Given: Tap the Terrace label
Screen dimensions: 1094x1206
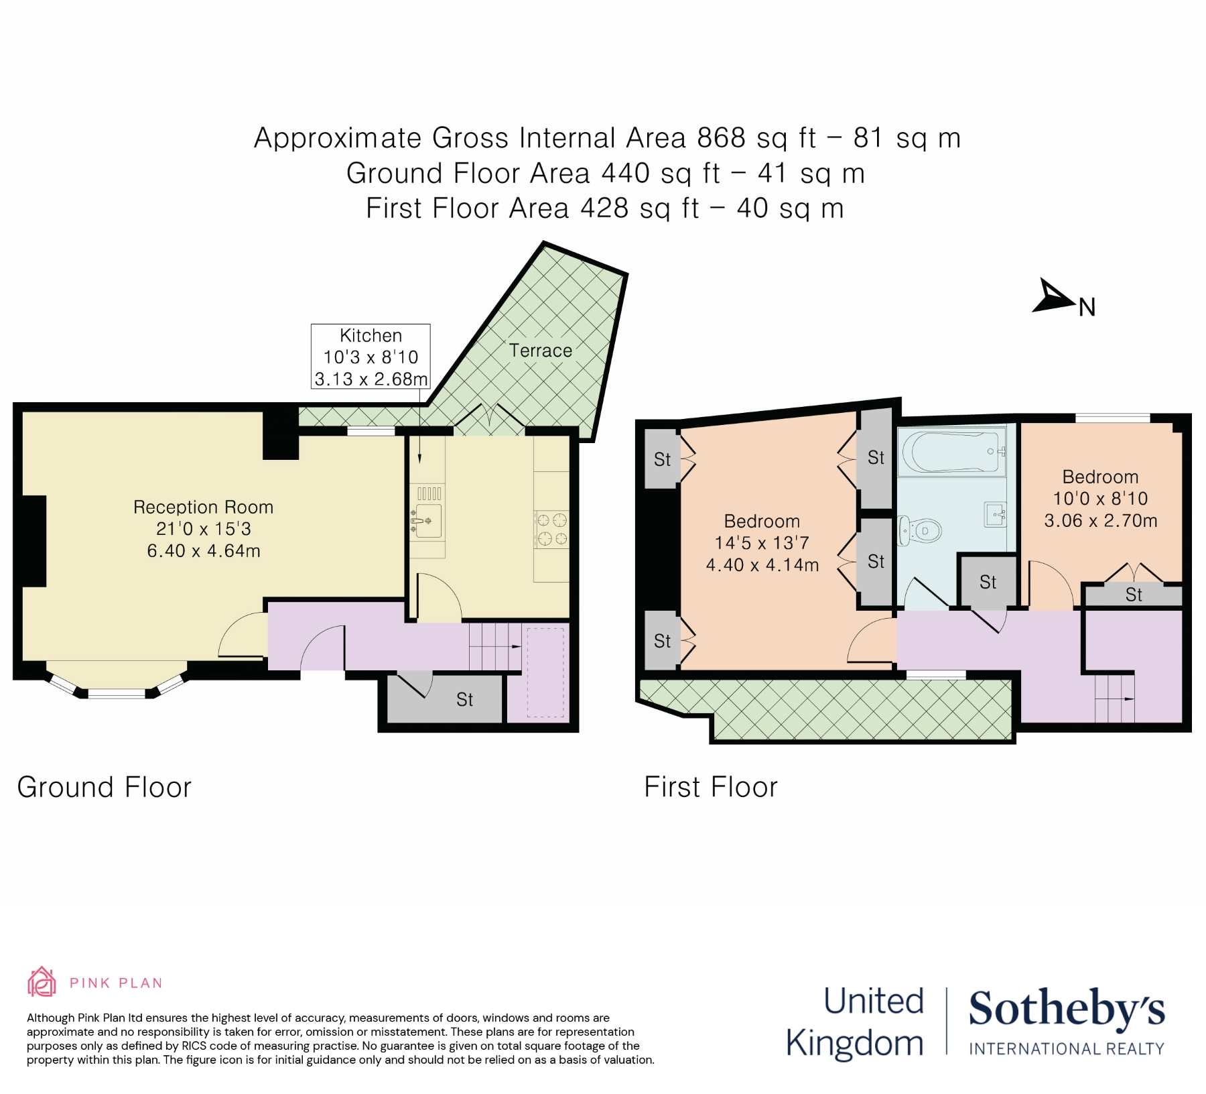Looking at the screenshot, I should pyautogui.click(x=540, y=351).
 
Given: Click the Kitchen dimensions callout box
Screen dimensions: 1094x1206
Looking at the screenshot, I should pyautogui.click(x=371, y=357).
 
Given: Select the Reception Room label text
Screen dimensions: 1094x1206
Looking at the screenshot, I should pyautogui.click(x=203, y=507).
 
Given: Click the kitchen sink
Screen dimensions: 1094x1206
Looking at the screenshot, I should pyautogui.click(x=426, y=521).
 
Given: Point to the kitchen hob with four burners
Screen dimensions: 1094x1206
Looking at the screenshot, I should pyautogui.click(x=551, y=529).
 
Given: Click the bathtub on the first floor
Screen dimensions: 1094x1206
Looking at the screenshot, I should pyautogui.click(x=952, y=451).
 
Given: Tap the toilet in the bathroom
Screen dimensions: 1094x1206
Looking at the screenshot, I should pyautogui.click(x=921, y=530).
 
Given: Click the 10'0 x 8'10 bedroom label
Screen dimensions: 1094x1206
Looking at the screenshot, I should pyautogui.click(x=1100, y=499).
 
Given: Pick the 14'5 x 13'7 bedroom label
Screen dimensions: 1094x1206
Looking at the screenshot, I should pyautogui.click(x=762, y=543).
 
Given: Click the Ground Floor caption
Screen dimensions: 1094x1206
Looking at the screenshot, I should pyautogui.click(x=105, y=787).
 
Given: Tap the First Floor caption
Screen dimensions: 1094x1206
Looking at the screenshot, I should pyautogui.click(x=711, y=787).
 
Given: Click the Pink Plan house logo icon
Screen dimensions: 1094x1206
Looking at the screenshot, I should pyautogui.click(x=42, y=982).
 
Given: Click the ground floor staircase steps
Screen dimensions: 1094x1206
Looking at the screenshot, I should pyautogui.click(x=494, y=646).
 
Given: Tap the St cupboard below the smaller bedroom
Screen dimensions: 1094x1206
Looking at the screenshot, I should pyautogui.click(x=1133, y=595).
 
